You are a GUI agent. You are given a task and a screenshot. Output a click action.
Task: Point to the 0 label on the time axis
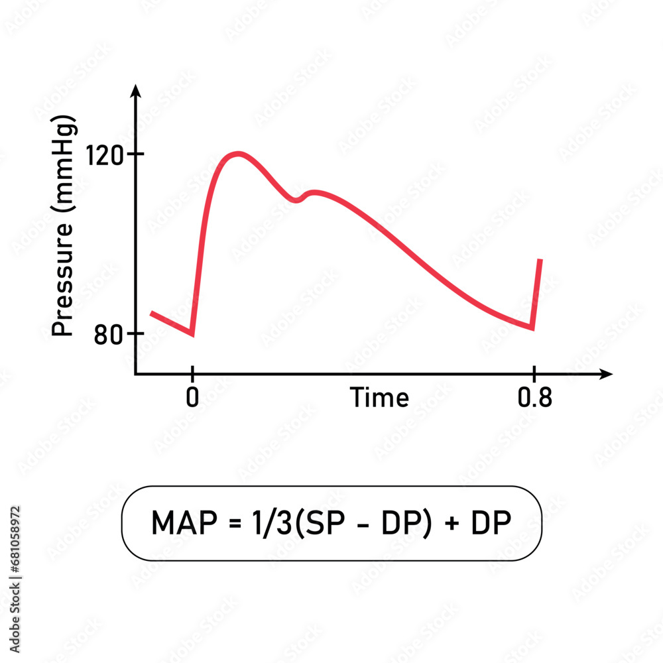[192, 399]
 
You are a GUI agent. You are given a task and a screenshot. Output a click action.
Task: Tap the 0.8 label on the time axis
[534, 399]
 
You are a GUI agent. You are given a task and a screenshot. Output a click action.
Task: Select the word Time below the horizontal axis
[379, 398]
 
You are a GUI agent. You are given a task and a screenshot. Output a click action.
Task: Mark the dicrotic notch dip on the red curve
[298, 200]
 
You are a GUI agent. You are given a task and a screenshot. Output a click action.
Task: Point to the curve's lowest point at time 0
[192, 334]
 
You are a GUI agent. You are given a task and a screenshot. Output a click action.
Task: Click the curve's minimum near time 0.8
[532, 328]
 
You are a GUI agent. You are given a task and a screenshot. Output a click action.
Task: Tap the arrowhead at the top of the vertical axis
[135, 91]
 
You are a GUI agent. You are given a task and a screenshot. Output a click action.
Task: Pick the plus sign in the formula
[453, 524]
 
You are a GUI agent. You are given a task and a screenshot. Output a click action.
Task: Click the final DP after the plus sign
[491, 524]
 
